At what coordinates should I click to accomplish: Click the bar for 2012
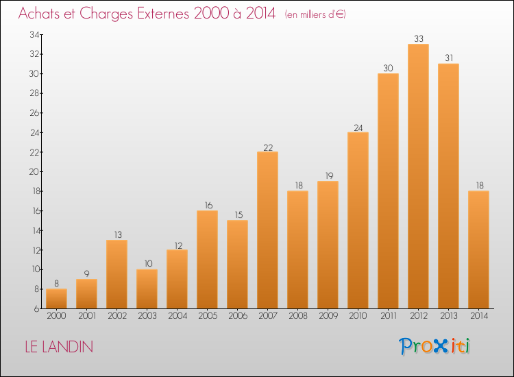coord(418,176)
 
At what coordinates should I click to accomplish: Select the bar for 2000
coord(56,299)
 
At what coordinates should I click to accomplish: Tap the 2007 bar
coord(267,230)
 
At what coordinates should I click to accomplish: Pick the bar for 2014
coord(478,250)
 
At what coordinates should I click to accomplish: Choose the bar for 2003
coord(147,289)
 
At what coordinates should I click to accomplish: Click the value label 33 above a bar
coord(419,38)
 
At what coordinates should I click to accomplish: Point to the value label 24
coord(358,128)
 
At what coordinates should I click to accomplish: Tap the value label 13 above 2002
coord(118,234)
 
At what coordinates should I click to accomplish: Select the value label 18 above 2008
coord(299,186)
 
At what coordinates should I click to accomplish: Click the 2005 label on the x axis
coord(208,316)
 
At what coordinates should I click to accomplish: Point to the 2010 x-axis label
coord(358,316)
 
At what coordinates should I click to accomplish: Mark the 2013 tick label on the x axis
coord(449,316)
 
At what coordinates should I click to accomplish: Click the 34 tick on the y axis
coord(34,34)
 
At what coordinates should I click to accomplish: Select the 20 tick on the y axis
coord(34,171)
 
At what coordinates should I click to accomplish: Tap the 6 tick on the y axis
coord(36,309)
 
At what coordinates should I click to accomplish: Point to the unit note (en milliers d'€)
coord(315,14)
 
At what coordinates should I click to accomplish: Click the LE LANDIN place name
coord(59,347)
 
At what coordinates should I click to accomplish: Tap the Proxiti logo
coord(435,346)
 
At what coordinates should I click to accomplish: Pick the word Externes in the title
coord(163,14)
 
